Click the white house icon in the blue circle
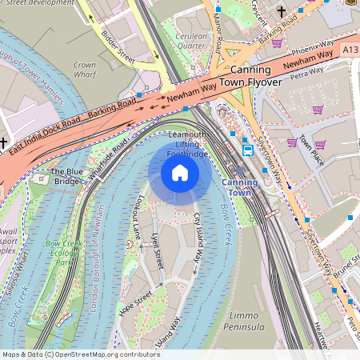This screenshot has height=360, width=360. pyautogui.click(x=180, y=173)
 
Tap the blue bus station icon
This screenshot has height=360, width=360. pyautogui.click(x=248, y=150)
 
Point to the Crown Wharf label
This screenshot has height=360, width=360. pyautogui.click(x=84, y=70)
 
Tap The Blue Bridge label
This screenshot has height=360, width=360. pyautogui.click(x=66, y=176)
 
